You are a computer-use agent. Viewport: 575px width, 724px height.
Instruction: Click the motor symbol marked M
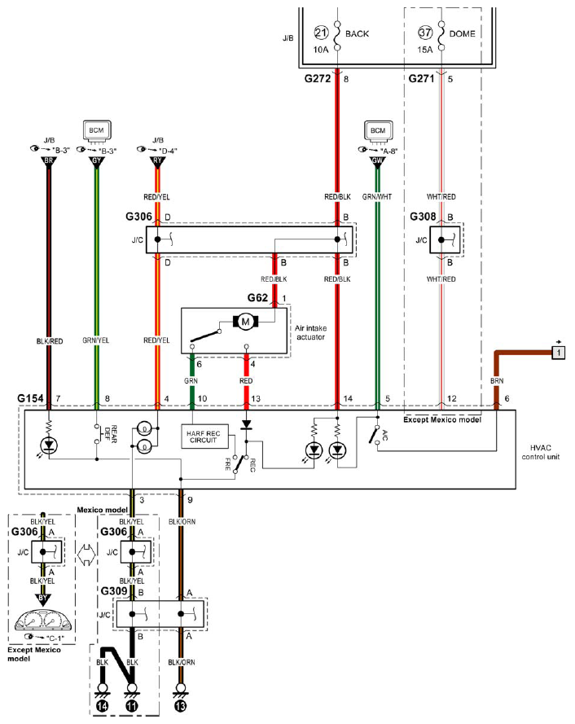(x=246, y=322)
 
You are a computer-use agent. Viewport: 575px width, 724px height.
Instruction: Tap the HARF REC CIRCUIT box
(x=204, y=437)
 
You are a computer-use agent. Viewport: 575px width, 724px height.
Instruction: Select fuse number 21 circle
(x=322, y=33)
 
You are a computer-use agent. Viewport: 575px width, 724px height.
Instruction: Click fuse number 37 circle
(x=425, y=33)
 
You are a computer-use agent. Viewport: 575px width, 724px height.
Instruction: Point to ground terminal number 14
(x=102, y=705)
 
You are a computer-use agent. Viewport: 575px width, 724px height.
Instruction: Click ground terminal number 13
(x=181, y=705)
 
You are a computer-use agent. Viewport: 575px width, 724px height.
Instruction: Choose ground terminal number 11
(x=132, y=705)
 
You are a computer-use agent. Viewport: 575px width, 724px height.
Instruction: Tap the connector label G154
(x=30, y=398)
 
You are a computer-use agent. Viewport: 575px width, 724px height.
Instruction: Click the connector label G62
(x=257, y=298)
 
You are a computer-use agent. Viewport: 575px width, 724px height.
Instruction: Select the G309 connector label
(x=114, y=591)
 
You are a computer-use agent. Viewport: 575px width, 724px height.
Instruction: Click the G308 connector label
(x=423, y=217)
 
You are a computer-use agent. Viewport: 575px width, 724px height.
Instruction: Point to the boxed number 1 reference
(x=559, y=353)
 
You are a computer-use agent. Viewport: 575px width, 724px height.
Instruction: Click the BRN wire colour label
(x=497, y=381)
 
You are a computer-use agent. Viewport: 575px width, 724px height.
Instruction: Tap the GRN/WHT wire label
(x=377, y=197)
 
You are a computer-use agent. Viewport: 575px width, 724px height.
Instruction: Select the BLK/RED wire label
(x=50, y=341)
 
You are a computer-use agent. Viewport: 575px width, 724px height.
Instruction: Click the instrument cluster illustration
(x=44, y=620)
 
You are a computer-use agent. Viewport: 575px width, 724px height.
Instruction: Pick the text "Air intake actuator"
(x=310, y=332)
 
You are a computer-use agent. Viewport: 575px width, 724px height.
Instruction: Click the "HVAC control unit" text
(x=540, y=452)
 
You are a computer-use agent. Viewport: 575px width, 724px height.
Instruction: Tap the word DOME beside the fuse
(x=462, y=33)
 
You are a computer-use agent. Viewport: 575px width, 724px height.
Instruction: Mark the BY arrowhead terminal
(x=42, y=599)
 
